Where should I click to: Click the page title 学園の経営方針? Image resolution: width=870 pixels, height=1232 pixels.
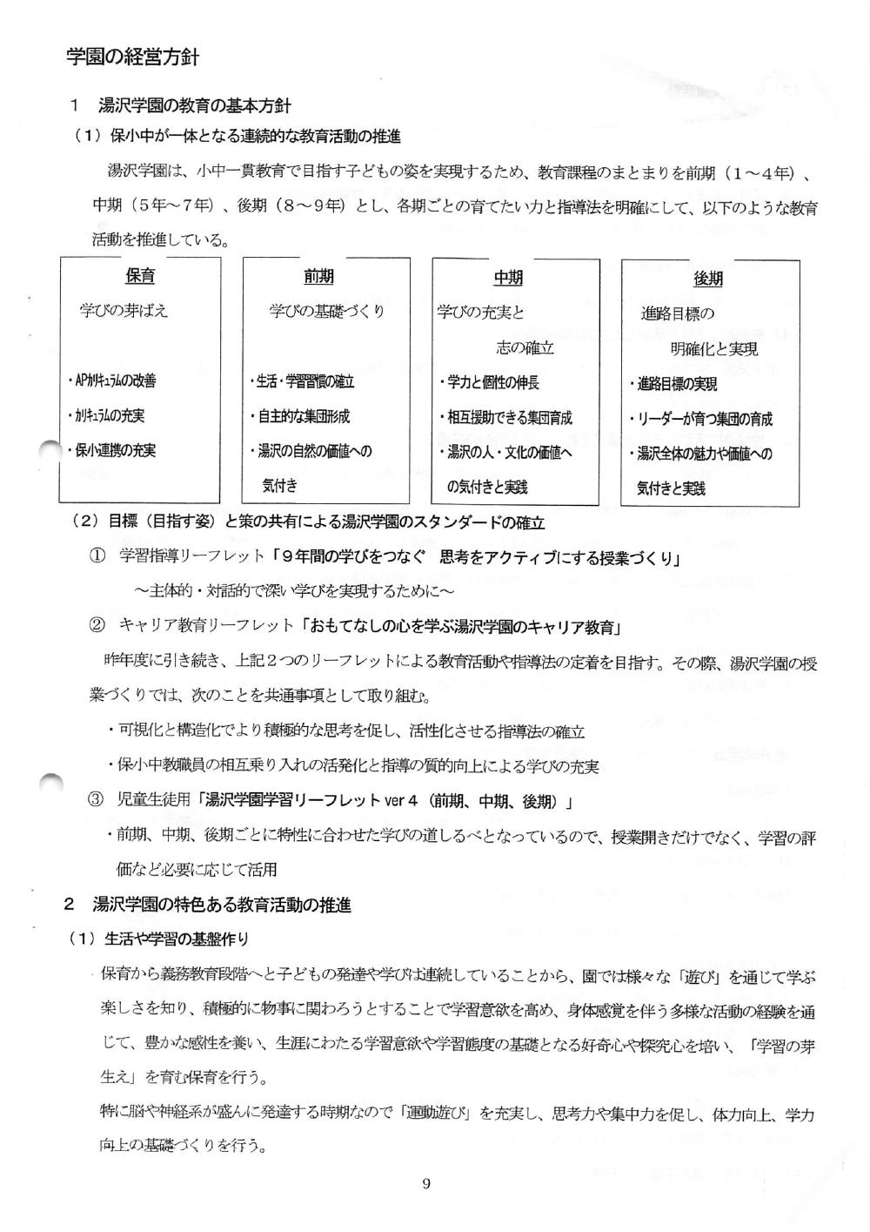pyautogui.click(x=133, y=58)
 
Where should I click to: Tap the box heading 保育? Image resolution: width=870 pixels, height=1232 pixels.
pyautogui.click(x=140, y=276)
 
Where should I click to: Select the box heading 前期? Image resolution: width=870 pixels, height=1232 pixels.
pyautogui.click(x=318, y=277)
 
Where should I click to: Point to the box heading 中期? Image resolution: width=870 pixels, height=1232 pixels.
pyautogui.click(x=508, y=278)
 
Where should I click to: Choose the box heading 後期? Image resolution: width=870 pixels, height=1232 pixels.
pyautogui.click(x=708, y=279)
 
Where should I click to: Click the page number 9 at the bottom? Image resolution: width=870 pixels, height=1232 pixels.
pyautogui.click(x=425, y=1183)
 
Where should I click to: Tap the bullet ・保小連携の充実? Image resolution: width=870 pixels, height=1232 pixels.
pyautogui.click(x=111, y=451)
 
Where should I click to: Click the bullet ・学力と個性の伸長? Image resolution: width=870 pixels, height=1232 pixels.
pyautogui.click(x=489, y=382)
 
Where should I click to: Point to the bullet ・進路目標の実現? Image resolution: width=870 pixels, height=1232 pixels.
pyautogui.click(x=673, y=384)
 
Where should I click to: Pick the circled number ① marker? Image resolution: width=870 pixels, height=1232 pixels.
pyautogui.click(x=97, y=556)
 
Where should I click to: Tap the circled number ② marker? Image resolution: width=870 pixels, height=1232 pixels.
pyautogui.click(x=97, y=626)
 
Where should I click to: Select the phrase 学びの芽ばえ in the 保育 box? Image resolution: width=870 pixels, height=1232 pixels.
pyautogui.click(x=124, y=311)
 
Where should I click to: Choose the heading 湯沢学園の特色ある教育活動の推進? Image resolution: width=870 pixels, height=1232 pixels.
pyautogui.click(x=222, y=905)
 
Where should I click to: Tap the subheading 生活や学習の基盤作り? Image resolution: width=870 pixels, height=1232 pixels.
pyautogui.click(x=176, y=939)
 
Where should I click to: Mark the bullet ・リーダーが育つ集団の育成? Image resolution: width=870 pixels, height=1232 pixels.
pyautogui.click(x=700, y=419)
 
